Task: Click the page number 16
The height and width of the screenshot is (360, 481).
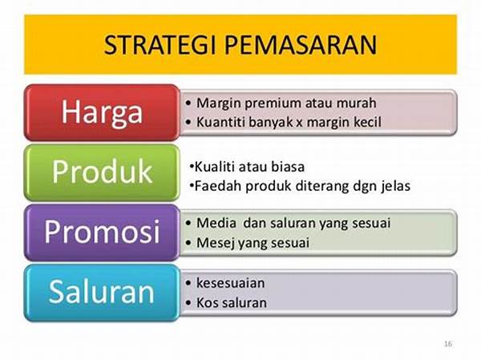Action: coord(447,344)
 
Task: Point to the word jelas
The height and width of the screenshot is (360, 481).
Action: coord(394,186)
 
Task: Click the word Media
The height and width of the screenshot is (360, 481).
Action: coord(215,222)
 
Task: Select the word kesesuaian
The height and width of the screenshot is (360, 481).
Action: coord(231,283)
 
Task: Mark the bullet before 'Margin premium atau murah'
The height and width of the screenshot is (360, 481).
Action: coord(188,103)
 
